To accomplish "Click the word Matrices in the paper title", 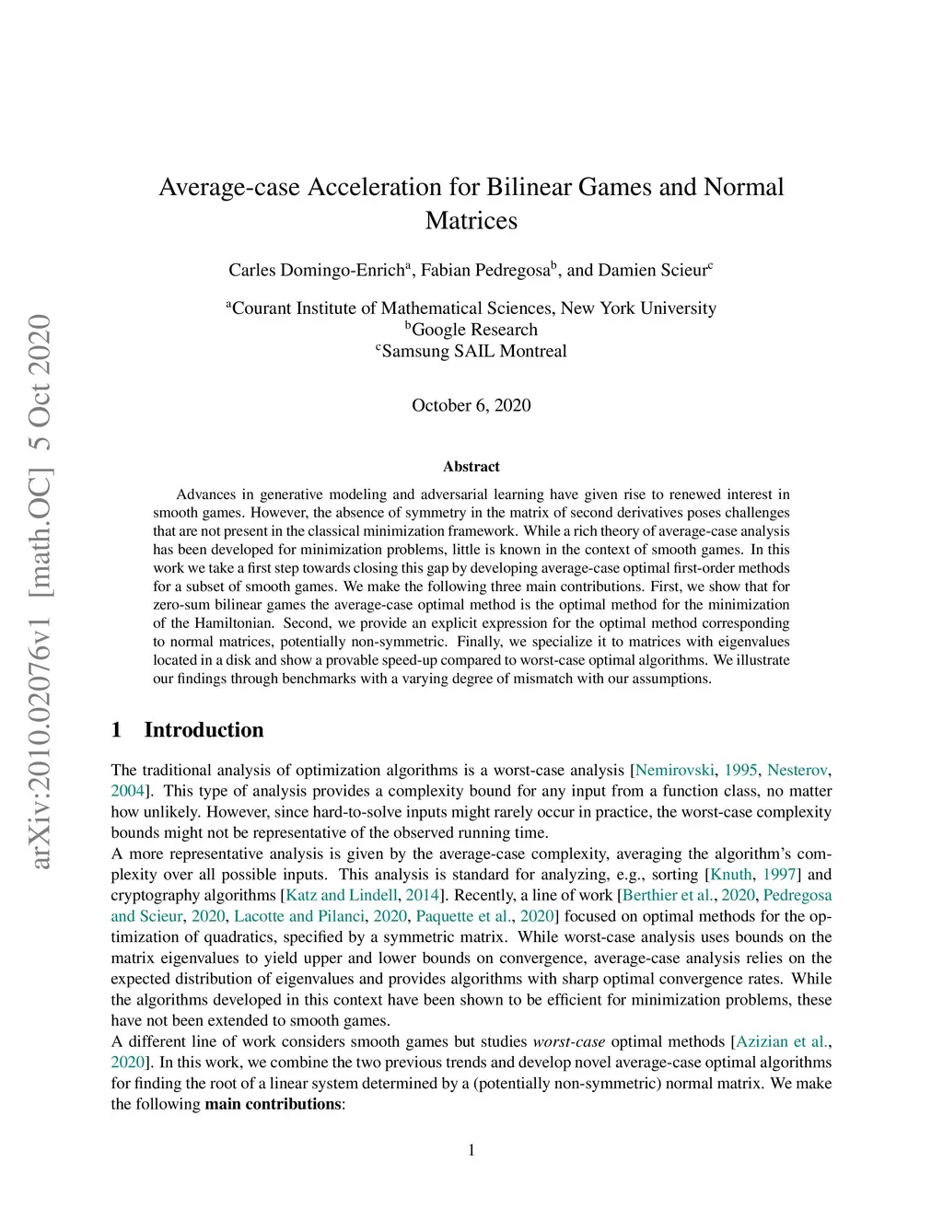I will (471, 221).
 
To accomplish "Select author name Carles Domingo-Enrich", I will (316, 270).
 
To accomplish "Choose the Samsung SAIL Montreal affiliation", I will (471, 351).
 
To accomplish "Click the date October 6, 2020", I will (471, 405).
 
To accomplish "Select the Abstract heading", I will (471, 467).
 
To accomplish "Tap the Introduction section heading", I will (204, 730).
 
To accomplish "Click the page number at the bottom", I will (471, 1150).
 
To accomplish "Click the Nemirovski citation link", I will (674, 770).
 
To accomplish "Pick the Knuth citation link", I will (731, 875).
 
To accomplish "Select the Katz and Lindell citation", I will (342, 895).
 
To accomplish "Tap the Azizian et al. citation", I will (781, 1041).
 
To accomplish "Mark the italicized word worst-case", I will (568, 1041).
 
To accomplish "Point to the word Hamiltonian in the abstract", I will (233, 623).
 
